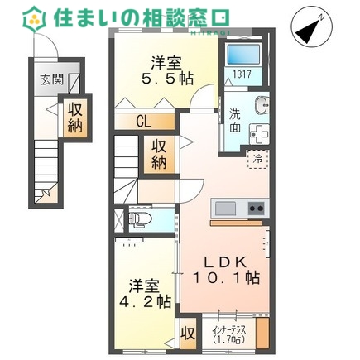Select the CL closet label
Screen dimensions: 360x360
[x=144, y=121]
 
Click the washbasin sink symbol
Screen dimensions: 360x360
[x=260, y=105]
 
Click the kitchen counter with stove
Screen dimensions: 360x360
[x=238, y=207]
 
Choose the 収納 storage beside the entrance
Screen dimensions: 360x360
[x=74, y=118]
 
